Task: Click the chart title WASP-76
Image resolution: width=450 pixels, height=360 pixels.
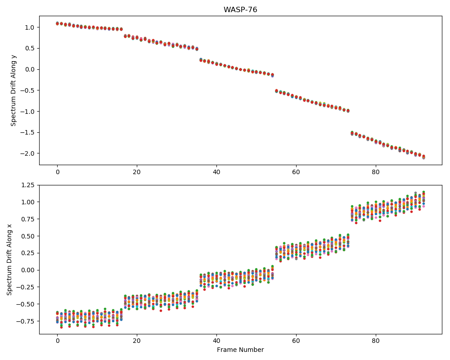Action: pos(240,10)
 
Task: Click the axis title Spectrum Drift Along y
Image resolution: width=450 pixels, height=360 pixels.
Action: pos(13,90)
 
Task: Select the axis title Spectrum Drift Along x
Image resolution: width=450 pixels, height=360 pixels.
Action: pos(9,260)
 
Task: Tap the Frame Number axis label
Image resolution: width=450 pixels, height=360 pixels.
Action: pos(240,350)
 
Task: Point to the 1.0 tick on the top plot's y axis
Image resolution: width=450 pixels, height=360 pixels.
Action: pos(30,27)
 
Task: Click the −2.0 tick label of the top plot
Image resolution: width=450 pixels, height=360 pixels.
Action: pos(27,153)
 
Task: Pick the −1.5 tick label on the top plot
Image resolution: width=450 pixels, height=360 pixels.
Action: pos(27,133)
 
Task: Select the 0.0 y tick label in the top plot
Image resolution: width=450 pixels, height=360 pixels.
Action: pos(30,69)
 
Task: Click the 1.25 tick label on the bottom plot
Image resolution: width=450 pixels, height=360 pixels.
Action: pos(28,185)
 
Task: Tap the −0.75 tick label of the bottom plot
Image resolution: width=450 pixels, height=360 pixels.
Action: pos(25,321)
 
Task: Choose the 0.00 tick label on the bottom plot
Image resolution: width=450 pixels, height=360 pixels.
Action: pos(28,270)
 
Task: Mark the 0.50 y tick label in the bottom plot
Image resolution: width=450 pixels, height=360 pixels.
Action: pos(28,236)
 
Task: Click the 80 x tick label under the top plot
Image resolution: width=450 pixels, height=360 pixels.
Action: pos(375,172)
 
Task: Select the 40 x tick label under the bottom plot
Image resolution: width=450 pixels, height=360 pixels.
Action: pos(216,341)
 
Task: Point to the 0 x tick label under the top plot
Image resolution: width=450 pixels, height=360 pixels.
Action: pos(58,172)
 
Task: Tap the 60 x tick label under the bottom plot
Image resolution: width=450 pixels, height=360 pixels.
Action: pos(296,341)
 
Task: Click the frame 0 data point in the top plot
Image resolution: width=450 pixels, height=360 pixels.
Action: pos(58,23)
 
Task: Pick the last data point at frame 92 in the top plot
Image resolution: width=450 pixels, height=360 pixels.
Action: pos(423,157)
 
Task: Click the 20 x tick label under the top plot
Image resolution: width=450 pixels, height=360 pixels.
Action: pos(137,172)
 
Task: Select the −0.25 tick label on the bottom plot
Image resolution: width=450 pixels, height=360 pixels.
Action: pos(25,287)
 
